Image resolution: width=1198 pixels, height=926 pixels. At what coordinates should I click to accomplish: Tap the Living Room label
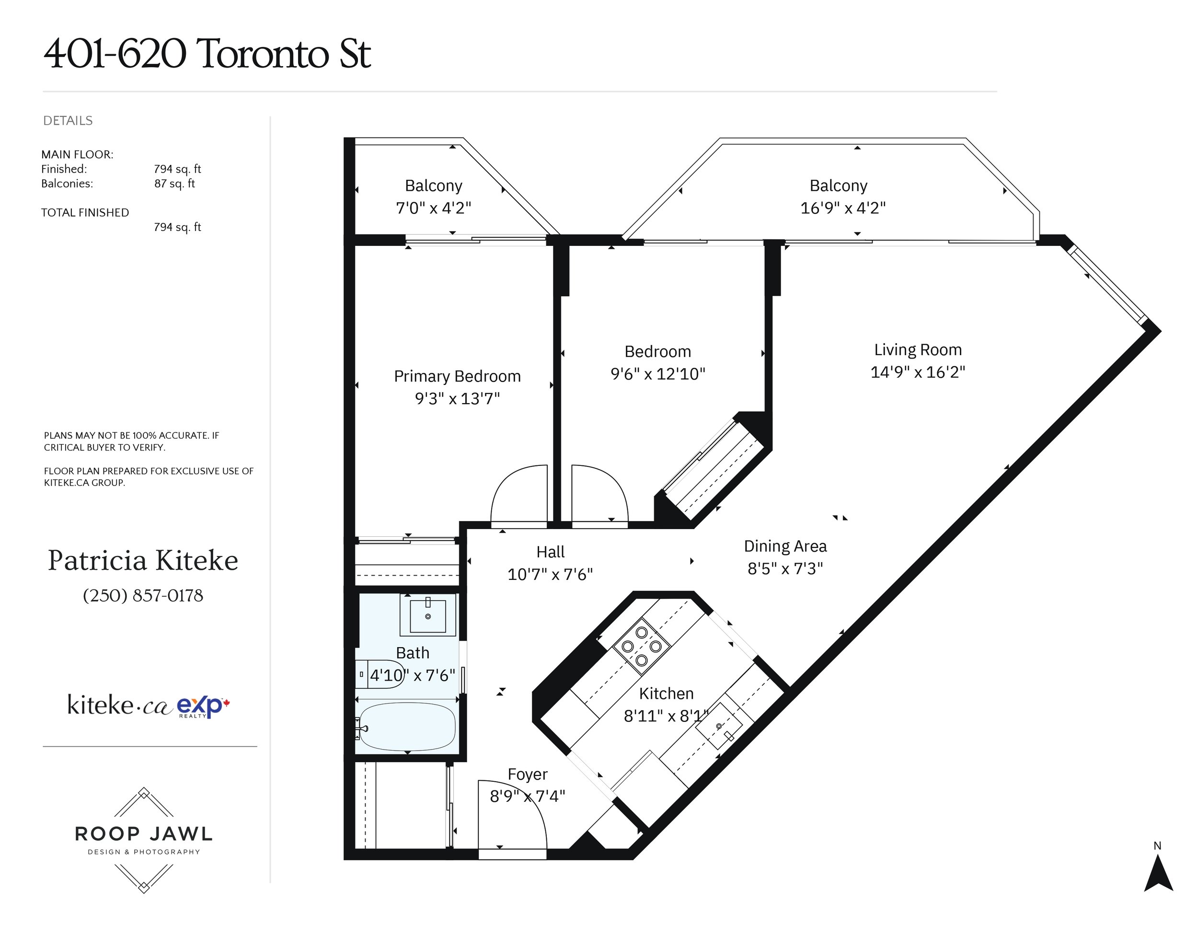point(918,349)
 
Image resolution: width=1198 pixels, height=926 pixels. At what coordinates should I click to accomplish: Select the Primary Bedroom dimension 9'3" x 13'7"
point(458,398)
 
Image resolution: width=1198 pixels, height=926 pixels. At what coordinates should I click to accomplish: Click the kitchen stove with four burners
point(641,646)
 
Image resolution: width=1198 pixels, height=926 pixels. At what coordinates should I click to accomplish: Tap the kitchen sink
point(719,726)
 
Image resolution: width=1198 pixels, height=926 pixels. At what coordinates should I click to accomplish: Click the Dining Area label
point(785,546)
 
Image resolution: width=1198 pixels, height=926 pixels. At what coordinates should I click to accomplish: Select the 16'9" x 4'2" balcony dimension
point(843,208)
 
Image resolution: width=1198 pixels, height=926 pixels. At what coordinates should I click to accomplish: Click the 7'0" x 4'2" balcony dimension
point(433,208)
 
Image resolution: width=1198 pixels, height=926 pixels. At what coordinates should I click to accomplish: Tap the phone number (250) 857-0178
point(143,595)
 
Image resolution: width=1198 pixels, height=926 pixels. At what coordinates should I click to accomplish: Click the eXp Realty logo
point(203,706)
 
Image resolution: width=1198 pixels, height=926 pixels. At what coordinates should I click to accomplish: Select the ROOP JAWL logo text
point(144,834)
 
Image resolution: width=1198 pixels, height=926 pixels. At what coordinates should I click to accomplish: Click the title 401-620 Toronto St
point(207,54)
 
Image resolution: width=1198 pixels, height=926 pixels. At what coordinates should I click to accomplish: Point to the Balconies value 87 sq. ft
point(174,184)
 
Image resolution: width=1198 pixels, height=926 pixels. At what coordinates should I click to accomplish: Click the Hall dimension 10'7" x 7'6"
point(550,574)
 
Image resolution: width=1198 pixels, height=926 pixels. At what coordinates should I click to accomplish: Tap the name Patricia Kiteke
point(143,561)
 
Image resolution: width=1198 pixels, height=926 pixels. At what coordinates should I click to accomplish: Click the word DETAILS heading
point(68,121)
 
